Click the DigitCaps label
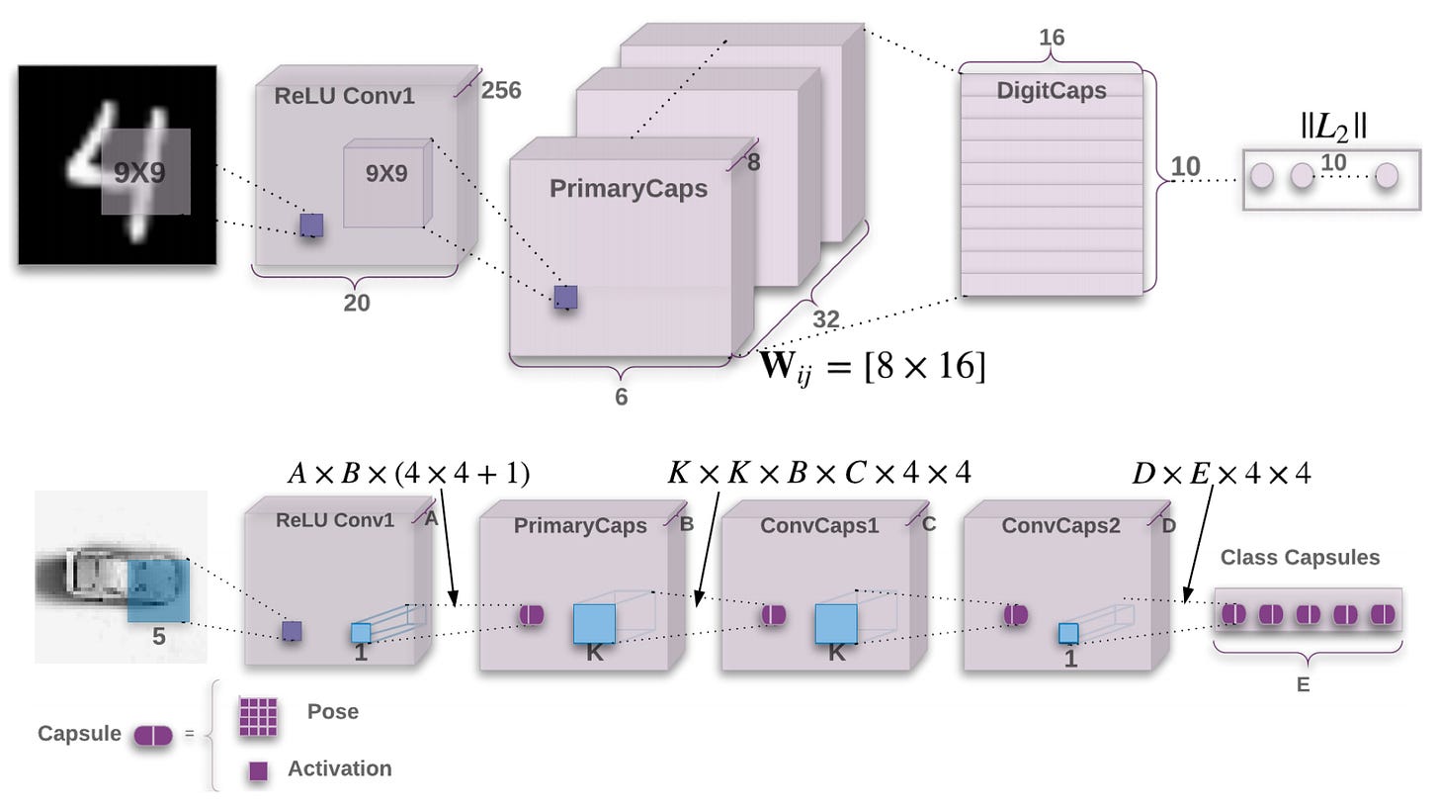point(1051,91)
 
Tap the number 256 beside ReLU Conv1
point(501,91)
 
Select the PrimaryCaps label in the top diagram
point(629,188)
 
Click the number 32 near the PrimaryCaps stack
point(825,318)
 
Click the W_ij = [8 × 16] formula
point(873,367)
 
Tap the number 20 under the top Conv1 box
point(357,304)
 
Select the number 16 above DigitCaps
point(1052,39)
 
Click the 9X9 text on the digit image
point(139,173)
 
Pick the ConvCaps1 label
point(818,526)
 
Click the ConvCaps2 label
point(1060,526)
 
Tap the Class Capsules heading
point(1300,558)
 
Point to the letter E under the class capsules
point(1303,684)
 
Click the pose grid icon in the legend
point(258,717)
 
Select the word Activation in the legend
point(339,768)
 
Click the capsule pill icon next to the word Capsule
point(153,735)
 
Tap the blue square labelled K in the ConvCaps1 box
point(835,625)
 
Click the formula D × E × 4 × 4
point(1222,474)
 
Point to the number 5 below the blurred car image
point(158,637)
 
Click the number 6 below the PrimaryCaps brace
point(621,398)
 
